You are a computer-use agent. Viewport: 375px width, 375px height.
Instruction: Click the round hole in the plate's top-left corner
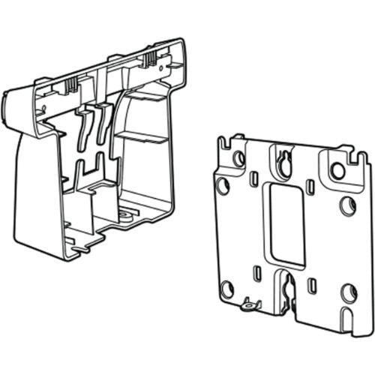(238, 158)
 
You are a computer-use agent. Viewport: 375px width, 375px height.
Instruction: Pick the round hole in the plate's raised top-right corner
(338, 171)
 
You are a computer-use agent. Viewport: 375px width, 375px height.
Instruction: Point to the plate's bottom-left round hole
(227, 289)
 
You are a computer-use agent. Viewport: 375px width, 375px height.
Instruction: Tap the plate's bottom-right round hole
(347, 292)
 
